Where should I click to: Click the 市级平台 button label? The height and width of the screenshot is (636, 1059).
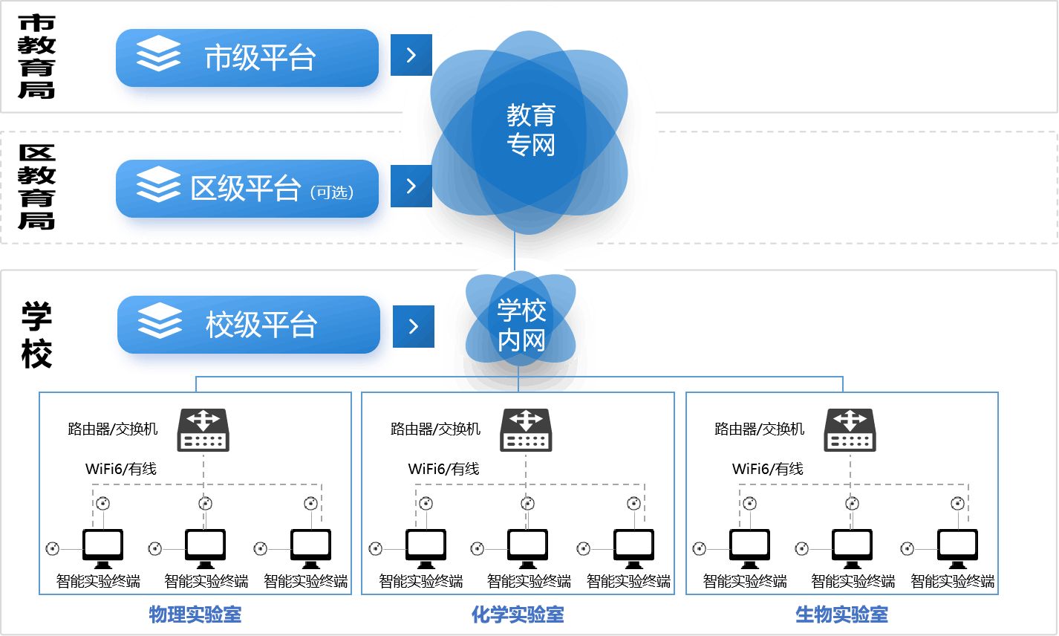click(x=260, y=58)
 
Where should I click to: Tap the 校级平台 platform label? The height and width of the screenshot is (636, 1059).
click(x=261, y=325)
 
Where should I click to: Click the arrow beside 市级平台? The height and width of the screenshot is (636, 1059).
click(x=411, y=55)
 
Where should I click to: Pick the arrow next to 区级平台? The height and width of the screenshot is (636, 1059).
click(x=411, y=186)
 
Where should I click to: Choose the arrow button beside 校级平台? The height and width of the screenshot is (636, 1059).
click(x=414, y=326)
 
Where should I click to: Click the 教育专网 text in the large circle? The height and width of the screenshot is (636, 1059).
click(x=531, y=130)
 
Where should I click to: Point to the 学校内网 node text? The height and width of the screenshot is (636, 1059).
click(x=521, y=325)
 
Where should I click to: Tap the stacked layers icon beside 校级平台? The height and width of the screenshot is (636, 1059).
click(x=160, y=322)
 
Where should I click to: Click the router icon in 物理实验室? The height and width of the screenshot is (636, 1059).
click(x=203, y=429)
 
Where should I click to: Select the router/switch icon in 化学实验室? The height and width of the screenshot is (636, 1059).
click(x=526, y=429)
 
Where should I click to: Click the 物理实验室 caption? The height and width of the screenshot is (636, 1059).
click(x=195, y=614)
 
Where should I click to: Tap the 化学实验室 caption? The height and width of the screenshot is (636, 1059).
click(x=518, y=614)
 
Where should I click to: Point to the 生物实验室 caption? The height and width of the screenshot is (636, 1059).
click(x=841, y=614)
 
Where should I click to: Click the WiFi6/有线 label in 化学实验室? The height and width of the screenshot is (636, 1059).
click(x=443, y=469)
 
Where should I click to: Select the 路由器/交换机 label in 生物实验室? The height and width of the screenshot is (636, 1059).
click(x=759, y=429)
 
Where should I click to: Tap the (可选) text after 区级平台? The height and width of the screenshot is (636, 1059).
click(x=332, y=192)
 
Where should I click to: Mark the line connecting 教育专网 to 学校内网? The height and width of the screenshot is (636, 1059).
click(x=515, y=247)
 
